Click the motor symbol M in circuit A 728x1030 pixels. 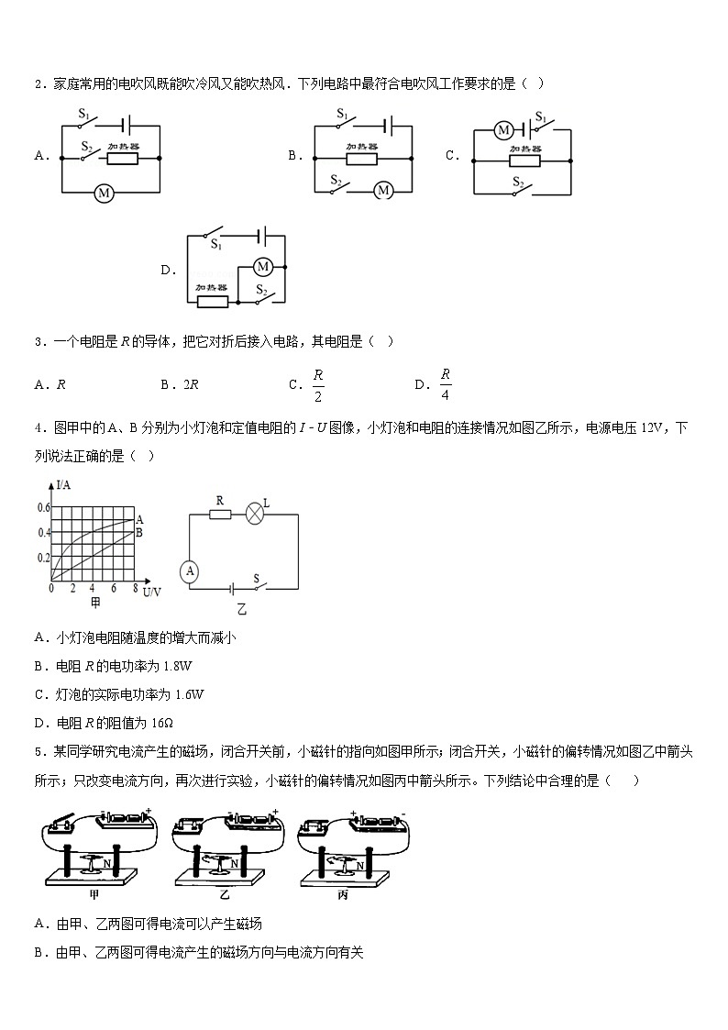[104, 193]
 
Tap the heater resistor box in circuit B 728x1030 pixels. [361, 157]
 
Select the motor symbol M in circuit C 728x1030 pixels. [503, 130]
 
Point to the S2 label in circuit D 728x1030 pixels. [261, 291]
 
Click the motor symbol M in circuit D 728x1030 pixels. [263, 266]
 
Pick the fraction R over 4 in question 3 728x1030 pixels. [446, 384]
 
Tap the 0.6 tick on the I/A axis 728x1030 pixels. [43, 507]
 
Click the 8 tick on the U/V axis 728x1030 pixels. [135, 587]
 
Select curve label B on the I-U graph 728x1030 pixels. [139, 532]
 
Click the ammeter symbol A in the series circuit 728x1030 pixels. [190, 571]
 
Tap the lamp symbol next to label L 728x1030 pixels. [254, 515]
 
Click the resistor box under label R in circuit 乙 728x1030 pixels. [220, 515]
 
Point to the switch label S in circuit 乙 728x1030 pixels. [257, 578]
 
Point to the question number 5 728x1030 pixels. [38, 753]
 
